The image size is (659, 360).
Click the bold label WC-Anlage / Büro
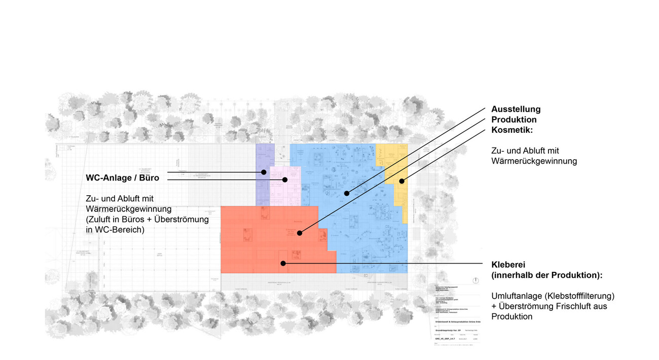click(x=123, y=178)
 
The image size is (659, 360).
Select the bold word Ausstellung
click(x=516, y=109)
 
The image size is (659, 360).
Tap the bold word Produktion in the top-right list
click(x=514, y=120)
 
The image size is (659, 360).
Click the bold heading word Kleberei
click(x=508, y=264)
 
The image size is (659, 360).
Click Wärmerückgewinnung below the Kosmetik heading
click(x=534, y=161)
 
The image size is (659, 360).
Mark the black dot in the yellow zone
click(x=401, y=181)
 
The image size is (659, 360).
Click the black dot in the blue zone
click(x=347, y=193)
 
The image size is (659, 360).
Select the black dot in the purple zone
click(x=264, y=172)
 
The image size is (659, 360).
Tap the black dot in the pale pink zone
click(x=285, y=179)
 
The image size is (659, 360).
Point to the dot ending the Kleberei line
click(x=283, y=263)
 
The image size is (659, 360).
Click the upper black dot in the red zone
click(x=300, y=233)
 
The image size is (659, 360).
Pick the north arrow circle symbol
click(x=475, y=280)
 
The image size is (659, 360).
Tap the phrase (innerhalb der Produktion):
click(x=546, y=275)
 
